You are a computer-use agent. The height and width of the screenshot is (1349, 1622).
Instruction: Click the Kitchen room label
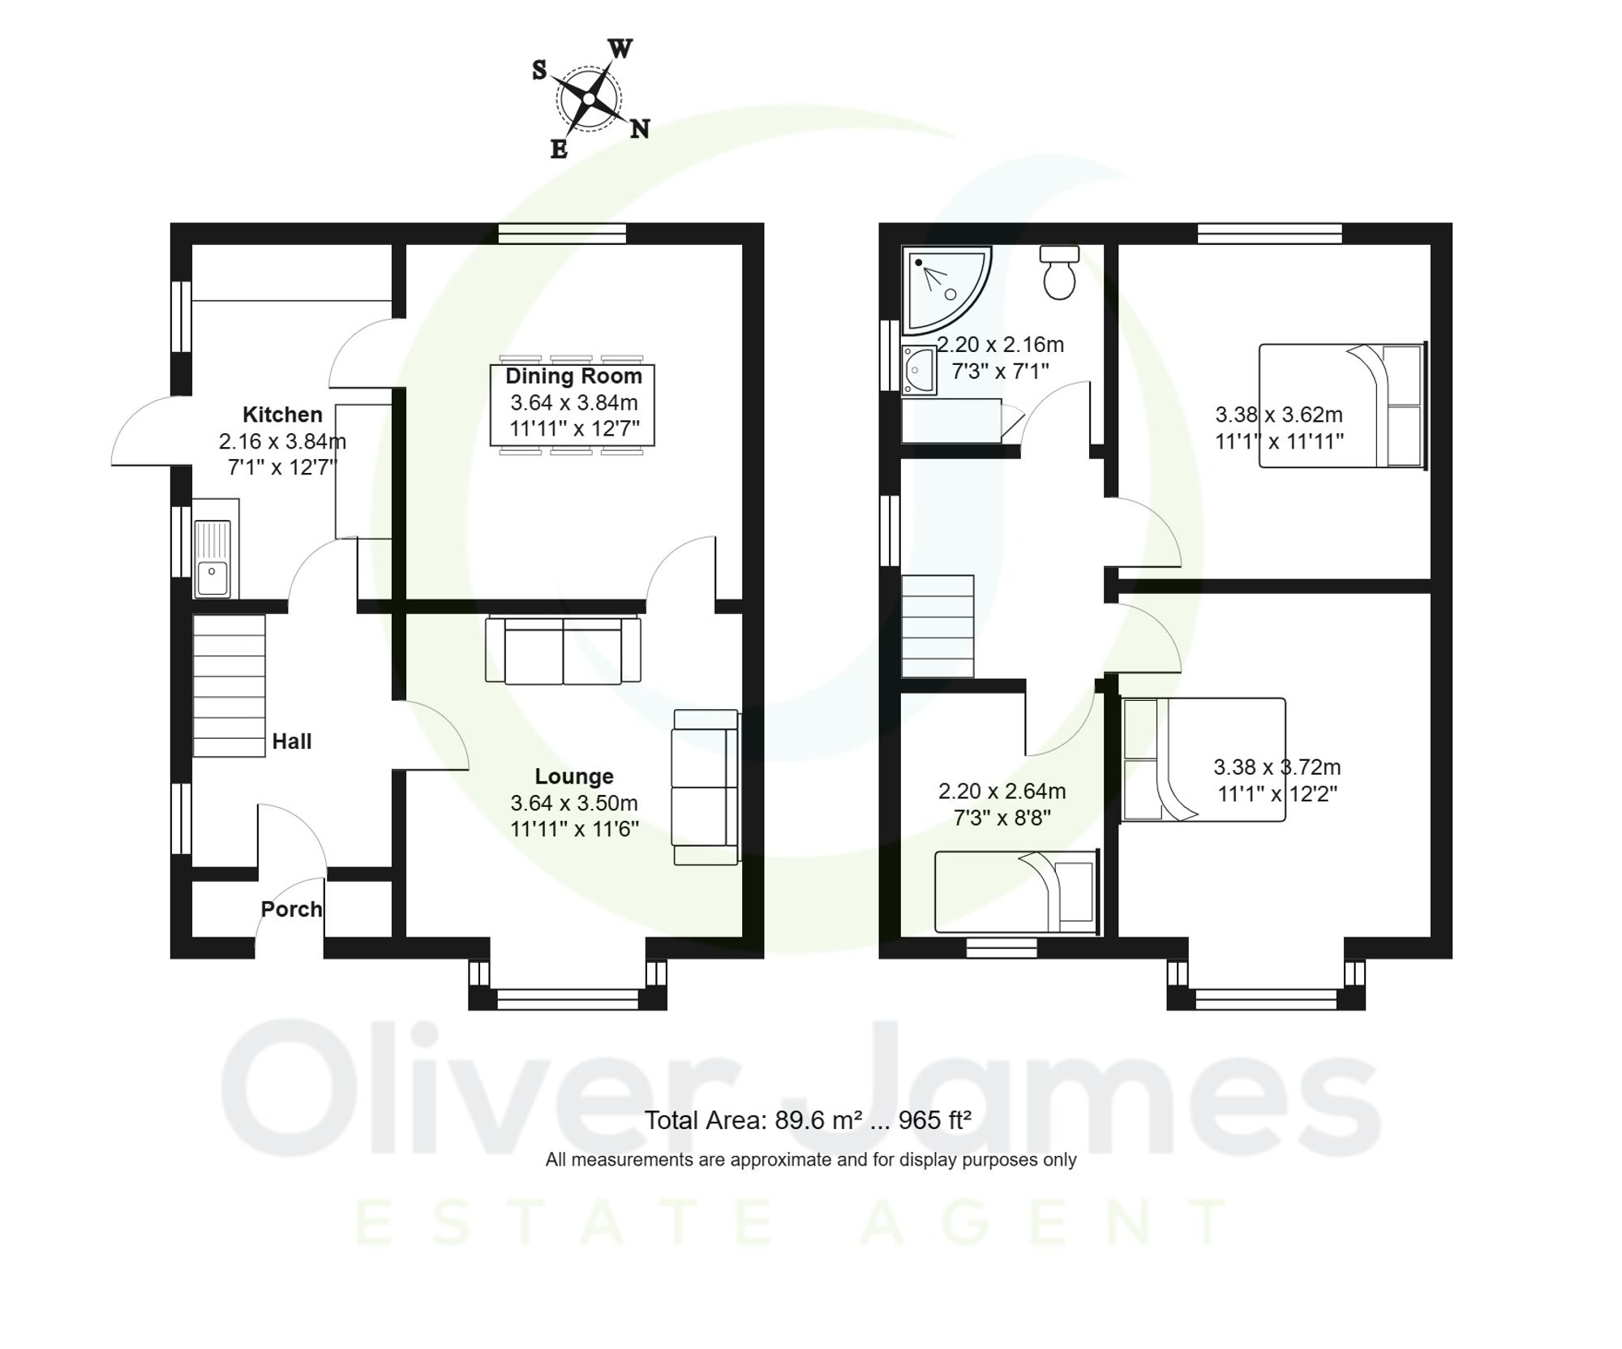[282, 415]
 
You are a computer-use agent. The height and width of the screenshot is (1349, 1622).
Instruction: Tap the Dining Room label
[573, 376]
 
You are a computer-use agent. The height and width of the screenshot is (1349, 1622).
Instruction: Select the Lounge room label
[573, 776]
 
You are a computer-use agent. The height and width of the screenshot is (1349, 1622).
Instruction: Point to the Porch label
[291, 909]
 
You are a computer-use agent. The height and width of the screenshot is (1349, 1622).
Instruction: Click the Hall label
[291, 741]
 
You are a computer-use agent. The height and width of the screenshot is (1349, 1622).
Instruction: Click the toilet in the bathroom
[1059, 273]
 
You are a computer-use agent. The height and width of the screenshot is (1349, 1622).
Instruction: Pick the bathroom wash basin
[919, 371]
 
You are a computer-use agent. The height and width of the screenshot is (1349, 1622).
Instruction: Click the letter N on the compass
[640, 128]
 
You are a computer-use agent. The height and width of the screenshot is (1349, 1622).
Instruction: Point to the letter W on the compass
[620, 49]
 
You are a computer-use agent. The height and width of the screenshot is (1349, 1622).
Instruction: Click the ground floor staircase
[229, 685]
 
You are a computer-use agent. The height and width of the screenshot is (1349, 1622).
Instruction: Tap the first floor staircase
[938, 626]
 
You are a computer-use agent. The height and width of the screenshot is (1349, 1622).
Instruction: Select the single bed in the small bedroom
[1016, 891]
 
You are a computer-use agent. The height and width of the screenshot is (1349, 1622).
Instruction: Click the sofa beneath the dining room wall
[563, 651]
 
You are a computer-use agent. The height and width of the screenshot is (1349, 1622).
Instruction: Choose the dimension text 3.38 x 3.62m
[1278, 415]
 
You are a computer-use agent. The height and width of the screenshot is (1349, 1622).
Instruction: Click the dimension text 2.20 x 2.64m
[1002, 791]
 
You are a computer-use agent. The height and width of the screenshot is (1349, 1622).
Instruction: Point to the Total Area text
[808, 1120]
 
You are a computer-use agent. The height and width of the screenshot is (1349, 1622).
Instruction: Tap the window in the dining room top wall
[562, 234]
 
